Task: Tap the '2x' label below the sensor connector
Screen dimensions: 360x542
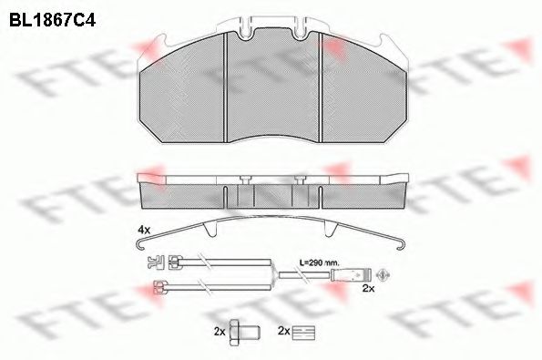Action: coord(368,288)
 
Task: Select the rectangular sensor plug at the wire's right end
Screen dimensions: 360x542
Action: coord(349,273)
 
